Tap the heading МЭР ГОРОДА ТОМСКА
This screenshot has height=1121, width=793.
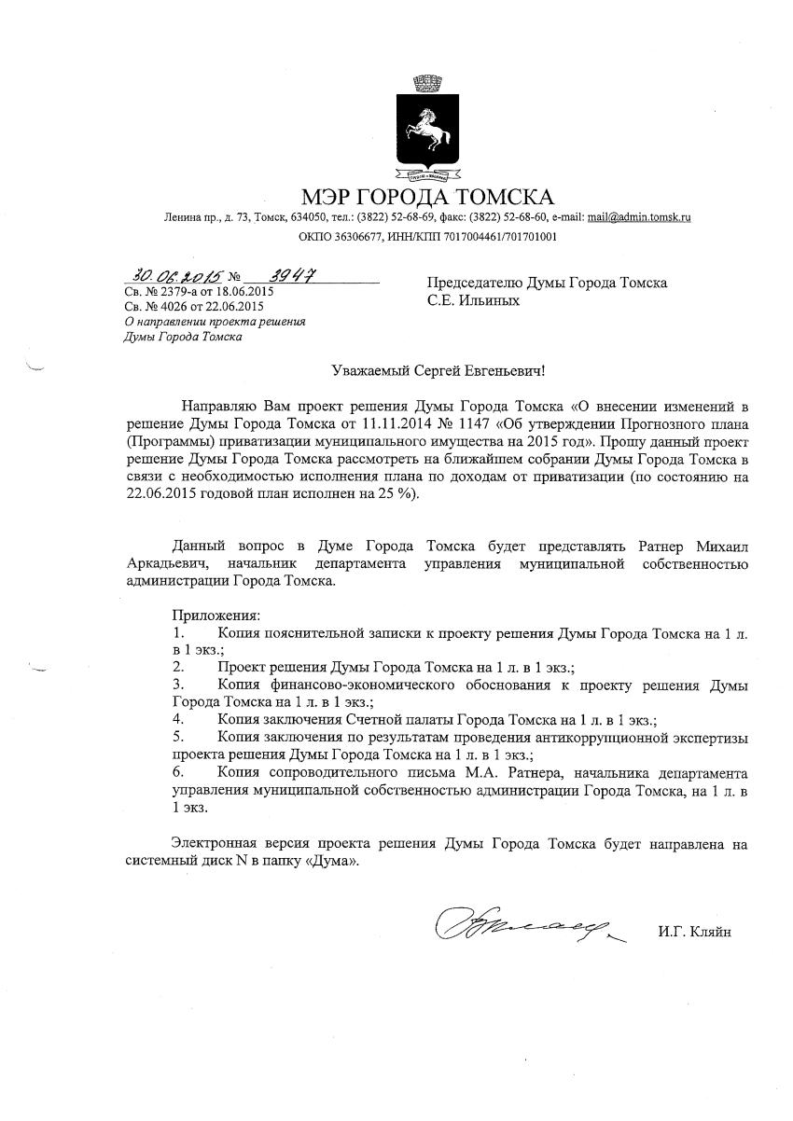426,197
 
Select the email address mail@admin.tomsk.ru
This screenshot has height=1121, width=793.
638,217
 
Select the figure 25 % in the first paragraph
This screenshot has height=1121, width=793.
395,493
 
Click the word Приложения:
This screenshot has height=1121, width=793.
216,616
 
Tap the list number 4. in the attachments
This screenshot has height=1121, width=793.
178,720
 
